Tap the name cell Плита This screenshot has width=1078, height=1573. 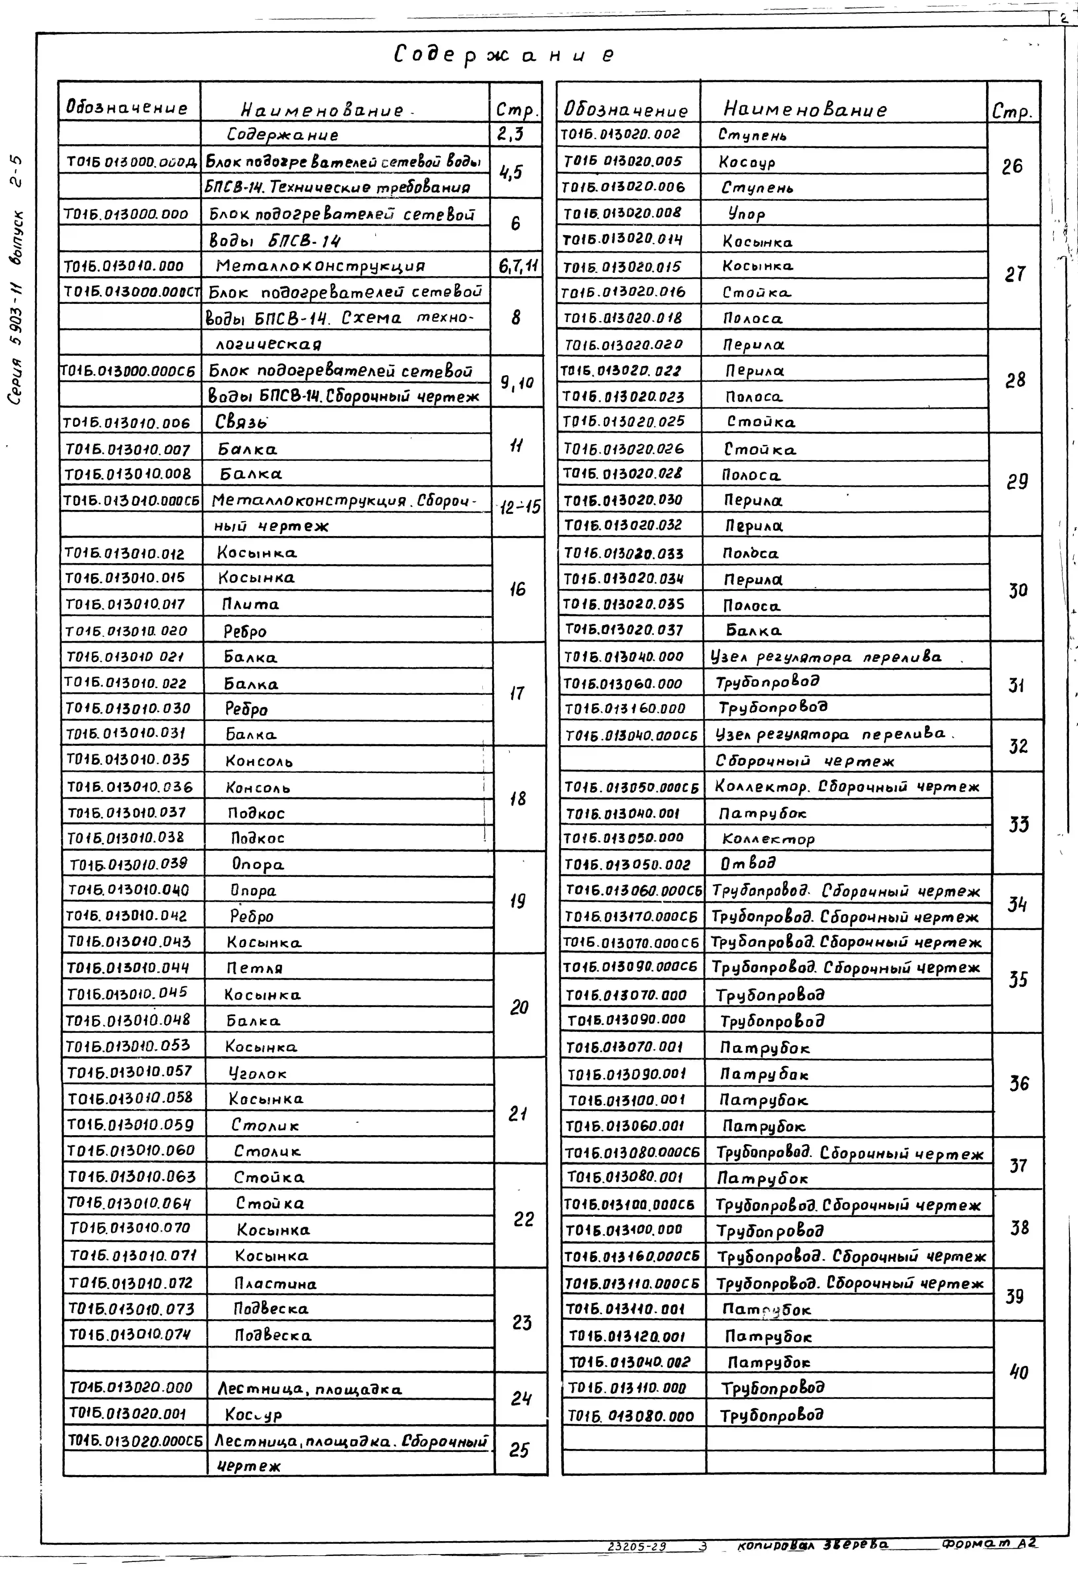[250, 604]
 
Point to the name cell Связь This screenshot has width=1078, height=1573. [242, 422]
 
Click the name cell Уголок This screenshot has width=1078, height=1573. [258, 1073]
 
